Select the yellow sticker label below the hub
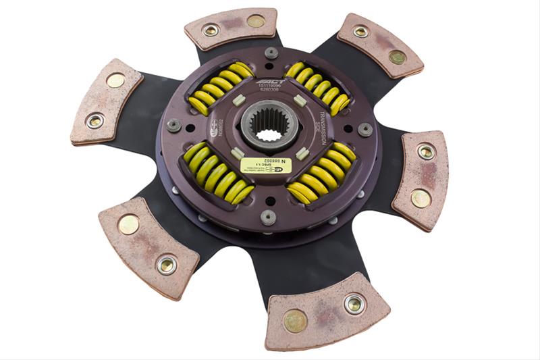pyautogui.click(x=266, y=164)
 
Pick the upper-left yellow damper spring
pyautogui.click(x=219, y=88)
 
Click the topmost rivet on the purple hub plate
pyautogui.click(x=271, y=53)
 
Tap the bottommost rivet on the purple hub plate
pyautogui.click(x=268, y=217)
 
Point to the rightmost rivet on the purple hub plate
pyautogui.click(x=365, y=129)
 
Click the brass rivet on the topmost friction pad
pyautogui.click(x=256, y=22)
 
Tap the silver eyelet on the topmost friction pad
pyautogui.click(x=211, y=30)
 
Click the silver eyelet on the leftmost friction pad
pyautogui.click(x=95, y=122)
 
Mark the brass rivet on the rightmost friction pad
pyautogui.click(x=421, y=198)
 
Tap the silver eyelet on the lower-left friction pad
pyautogui.click(x=166, y=265)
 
